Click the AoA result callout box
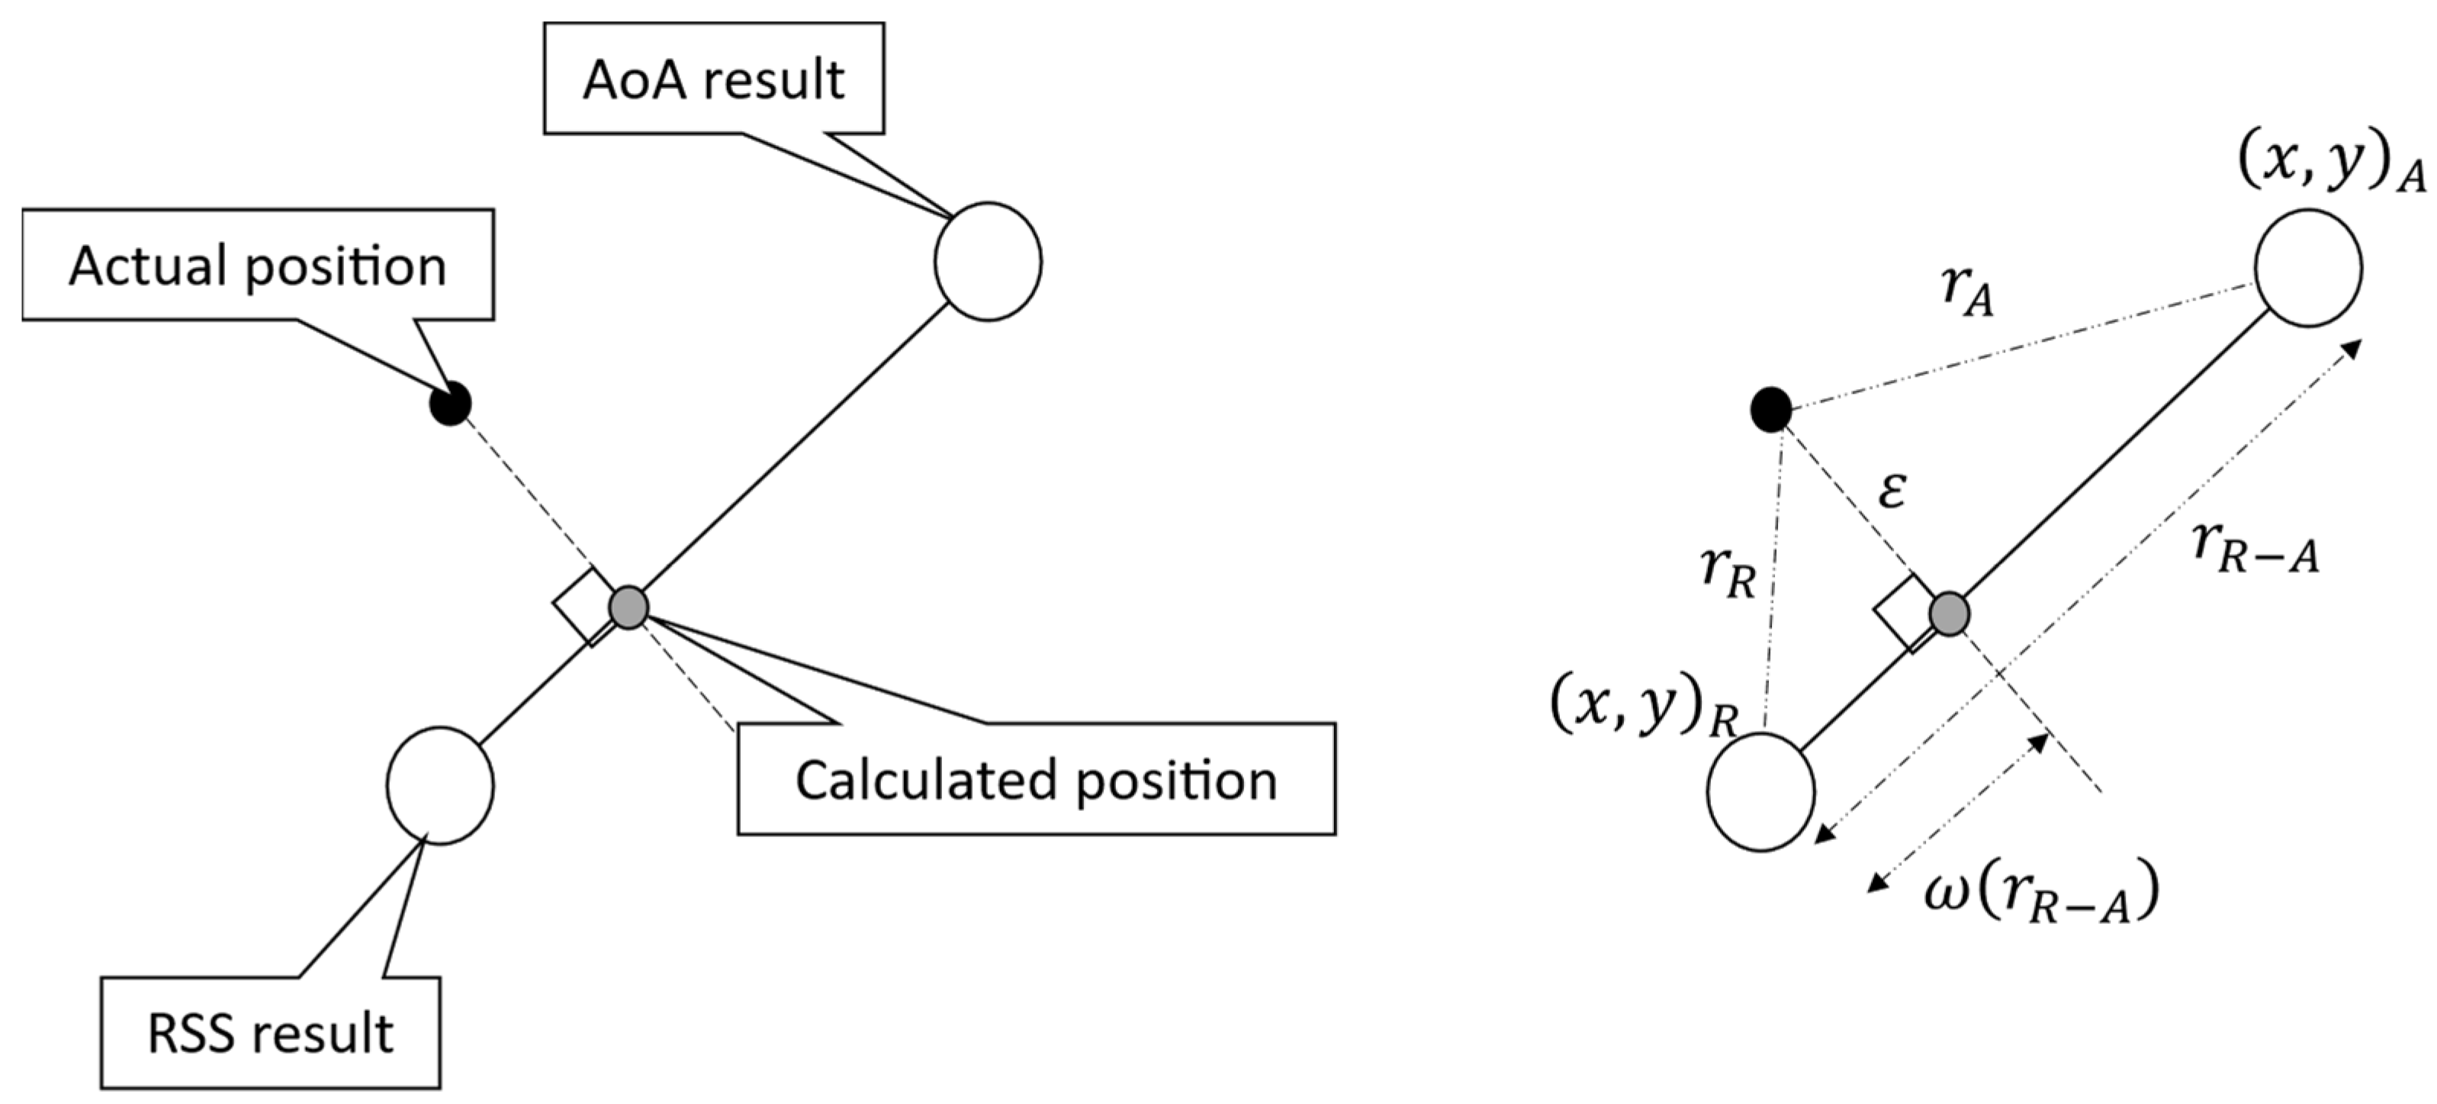click(713, 79)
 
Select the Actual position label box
click(257, 265)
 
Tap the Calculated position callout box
click(1036, 780)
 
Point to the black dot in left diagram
click(450, 404)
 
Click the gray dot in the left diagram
click(629, 607)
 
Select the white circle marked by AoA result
click(988, 261)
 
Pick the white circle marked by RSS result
click(440, 785)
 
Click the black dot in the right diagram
click(1771, 410)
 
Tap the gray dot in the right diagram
click(1949, 615)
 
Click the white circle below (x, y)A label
click(2308, 268)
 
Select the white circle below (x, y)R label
click(1760, 793)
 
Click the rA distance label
click(1968, 291)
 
